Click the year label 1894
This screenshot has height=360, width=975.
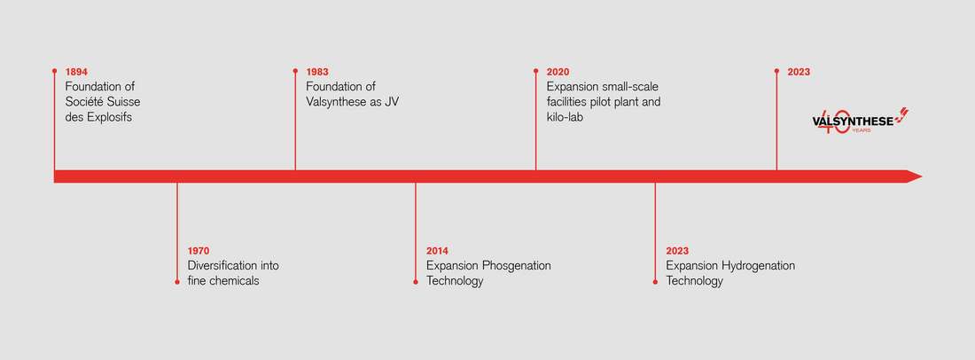coord(76,72)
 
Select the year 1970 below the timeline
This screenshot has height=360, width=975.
coord(199,251)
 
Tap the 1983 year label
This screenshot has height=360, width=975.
coord(317,72)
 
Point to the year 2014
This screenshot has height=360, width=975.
coord(437,251)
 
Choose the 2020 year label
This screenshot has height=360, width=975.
coord(558,72)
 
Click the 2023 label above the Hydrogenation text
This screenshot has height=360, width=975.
coord(677,251)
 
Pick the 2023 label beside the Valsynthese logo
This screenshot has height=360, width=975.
coord(799,72)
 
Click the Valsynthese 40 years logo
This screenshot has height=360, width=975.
coord(861,121)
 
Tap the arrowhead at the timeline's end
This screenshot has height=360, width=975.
coord(914,176)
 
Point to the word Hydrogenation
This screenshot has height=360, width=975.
coord(758,266)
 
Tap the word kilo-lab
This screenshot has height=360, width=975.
coord(565,117)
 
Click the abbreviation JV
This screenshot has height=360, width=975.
coord(392,102)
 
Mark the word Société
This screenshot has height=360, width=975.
coord(85,102)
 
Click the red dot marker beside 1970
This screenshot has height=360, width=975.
coord(177,282)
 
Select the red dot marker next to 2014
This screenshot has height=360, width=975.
coord(416,282)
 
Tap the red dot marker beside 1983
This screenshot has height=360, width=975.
coord(295,71)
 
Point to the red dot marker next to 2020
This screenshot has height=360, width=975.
coord(536,71)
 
